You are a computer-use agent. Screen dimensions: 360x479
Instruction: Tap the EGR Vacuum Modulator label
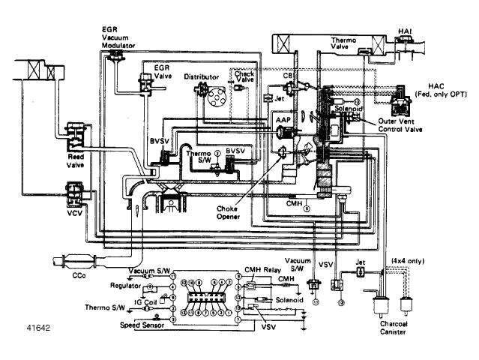coord(118,37)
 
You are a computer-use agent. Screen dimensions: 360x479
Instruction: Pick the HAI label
coord(447,31)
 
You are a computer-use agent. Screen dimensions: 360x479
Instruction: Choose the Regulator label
coord(126,286)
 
